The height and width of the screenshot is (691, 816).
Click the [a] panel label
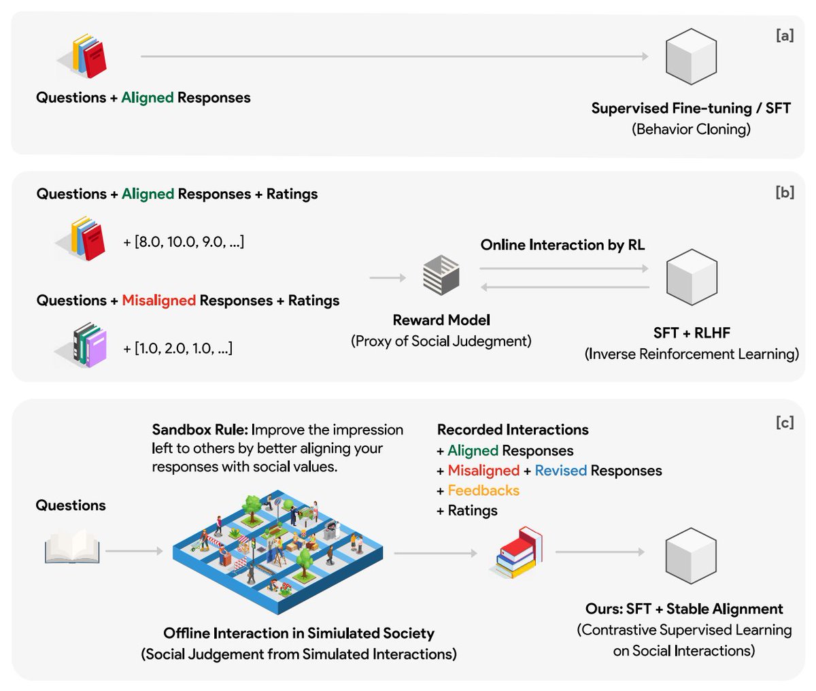[x=785, y=35]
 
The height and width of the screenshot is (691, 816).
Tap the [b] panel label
[x=785, y=192]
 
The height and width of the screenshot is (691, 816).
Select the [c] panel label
[x=785, y=422]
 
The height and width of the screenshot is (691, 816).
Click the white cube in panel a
[x=691, y=56]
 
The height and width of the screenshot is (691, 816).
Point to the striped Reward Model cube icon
[x=441, y=275]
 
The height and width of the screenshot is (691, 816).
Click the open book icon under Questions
[x=72, y=546]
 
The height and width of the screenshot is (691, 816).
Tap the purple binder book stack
[x=85, y=345]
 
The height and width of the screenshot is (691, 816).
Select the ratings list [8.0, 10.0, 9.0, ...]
[x=184, y=241]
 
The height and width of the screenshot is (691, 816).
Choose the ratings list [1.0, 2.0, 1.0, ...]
[x=177, y=348]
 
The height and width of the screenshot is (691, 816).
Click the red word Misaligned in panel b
[x=158, y=301]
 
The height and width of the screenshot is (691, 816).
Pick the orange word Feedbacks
[x=483, y=490]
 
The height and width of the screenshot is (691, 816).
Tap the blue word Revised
[x=560, y=471]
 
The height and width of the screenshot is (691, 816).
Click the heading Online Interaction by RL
[x=562, y=245]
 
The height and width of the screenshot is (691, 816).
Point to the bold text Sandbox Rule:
[x=200, y=430]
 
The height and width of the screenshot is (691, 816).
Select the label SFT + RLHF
[x=692, y=333]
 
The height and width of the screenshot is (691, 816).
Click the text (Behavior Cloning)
[x=691, y=129]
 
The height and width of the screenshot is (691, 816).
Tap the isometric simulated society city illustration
[x=277, y=552]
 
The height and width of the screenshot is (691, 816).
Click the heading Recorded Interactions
[x=513, y=430]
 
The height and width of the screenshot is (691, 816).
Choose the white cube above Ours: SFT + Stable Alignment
[x=691, y=556]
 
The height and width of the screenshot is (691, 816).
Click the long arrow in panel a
[x=394, y=56]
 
